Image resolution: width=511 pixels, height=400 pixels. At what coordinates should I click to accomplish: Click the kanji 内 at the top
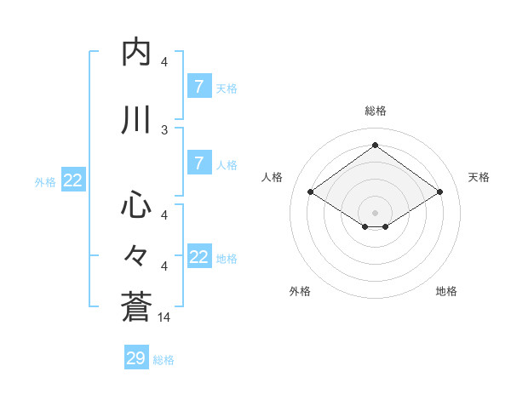point(136,53)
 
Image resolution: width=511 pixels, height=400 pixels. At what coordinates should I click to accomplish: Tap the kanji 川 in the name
point(136,121)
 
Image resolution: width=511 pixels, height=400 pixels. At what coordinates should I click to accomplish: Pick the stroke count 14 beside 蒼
point(165,317)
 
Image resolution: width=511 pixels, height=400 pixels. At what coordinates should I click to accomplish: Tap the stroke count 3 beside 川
point(164,130)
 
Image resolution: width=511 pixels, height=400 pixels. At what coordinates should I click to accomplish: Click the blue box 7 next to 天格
point(198,87)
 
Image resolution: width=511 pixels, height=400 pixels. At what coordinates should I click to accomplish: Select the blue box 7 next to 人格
point(198,163)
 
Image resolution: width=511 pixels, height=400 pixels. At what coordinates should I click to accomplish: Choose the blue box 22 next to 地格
point(198,257)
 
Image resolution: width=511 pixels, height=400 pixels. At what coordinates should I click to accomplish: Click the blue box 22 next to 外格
point(73,180)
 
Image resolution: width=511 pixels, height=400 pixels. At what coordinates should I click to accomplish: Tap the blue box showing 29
point(136,358)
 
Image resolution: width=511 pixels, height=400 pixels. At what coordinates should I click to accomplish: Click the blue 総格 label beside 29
point(164,360)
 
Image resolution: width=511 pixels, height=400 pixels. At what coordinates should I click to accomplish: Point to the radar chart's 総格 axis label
point(375,111)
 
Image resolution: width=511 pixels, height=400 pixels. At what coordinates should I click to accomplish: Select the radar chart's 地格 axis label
point(446,291)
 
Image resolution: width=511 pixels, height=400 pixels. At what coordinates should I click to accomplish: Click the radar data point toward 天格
point(439,192)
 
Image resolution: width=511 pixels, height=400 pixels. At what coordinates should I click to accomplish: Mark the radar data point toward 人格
point(310,192)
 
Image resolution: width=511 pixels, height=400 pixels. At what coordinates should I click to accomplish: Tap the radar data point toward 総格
point(375,145)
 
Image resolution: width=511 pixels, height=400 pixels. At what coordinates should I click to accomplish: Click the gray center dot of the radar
point(375,211)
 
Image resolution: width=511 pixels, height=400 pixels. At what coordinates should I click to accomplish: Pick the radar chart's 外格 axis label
point(300,291)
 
